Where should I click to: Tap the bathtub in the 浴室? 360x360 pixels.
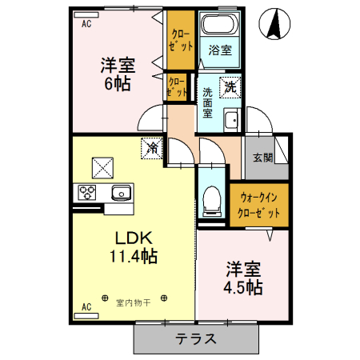click(x=214, y=25)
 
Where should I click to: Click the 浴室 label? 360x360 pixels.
click(x=219, y=50)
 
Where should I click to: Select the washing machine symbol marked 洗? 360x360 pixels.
click(x=230, y=86)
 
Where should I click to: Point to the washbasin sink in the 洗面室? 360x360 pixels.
click(x=231, y=121)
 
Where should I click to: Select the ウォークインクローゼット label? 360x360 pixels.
click(x=258, y=205)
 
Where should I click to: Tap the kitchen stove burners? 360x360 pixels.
click(x=86, y=193)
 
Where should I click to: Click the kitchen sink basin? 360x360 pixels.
click(x=122, y=193)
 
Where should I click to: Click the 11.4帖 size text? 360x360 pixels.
click(x=133, y=256)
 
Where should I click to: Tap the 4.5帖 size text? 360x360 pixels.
click(x=244, y=286)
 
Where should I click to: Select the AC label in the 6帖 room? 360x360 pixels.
click(x=86, y=24)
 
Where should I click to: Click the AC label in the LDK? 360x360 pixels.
click(x=86, y=306)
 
